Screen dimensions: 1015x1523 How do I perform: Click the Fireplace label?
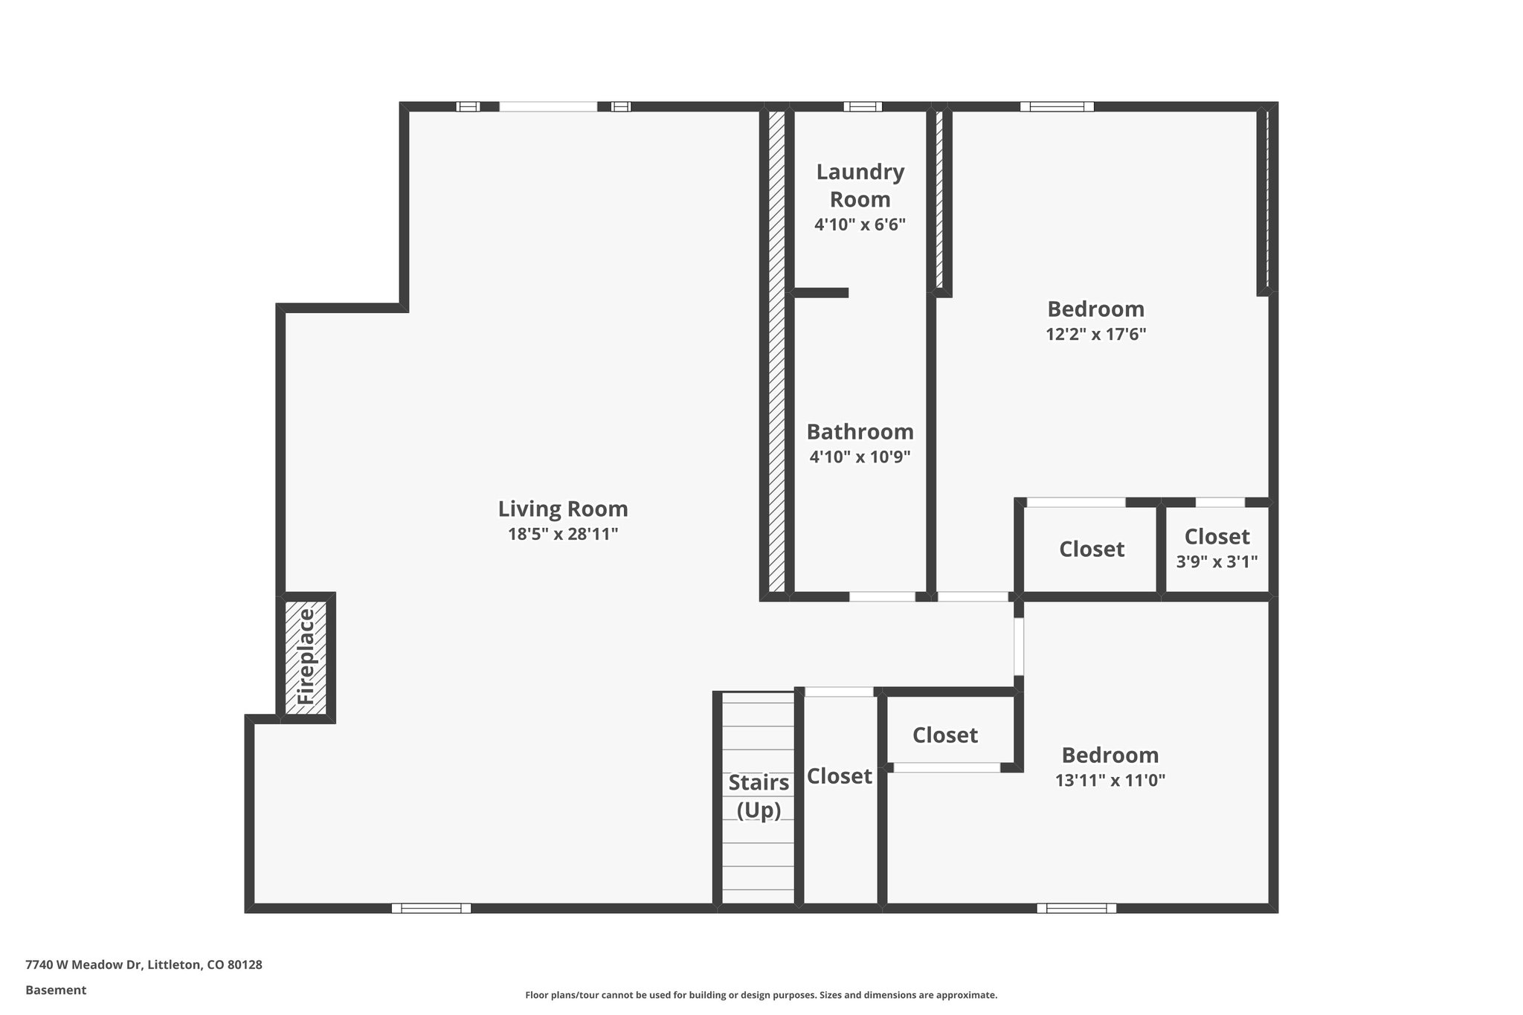tap(306, 657)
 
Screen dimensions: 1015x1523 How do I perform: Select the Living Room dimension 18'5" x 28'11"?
tap(563, 534)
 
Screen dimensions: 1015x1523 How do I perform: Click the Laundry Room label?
tap(860, 185)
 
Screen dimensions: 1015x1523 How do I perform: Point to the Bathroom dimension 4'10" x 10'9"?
tap(860, 457)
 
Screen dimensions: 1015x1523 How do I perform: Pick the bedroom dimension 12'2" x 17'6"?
tap(1095, 335)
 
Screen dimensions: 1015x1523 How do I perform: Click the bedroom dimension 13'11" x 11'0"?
tap(1110, 780)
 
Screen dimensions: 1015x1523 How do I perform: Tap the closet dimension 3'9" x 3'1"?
tap(1217, 561)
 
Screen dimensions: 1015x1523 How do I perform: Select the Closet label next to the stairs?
tap(839, 776)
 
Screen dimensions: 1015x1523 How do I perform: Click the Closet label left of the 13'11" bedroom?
tap(944, 735)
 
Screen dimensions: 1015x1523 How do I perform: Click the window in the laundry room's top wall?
tap(863, 106)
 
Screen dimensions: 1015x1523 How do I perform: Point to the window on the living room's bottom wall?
tap(431, 908)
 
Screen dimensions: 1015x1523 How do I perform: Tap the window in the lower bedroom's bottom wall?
tap(1076, 908)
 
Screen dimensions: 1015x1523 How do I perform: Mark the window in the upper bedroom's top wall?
tap(1057, 106)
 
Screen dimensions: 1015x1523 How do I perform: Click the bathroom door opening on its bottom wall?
tap(882, 596)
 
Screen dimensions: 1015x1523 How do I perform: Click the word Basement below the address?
tap(56, 990)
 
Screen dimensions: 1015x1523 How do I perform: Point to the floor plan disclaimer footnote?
tap(761, 995)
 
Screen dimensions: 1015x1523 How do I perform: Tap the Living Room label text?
tap(563, 509)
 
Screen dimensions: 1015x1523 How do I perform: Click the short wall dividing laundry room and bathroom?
tap(821, 293)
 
